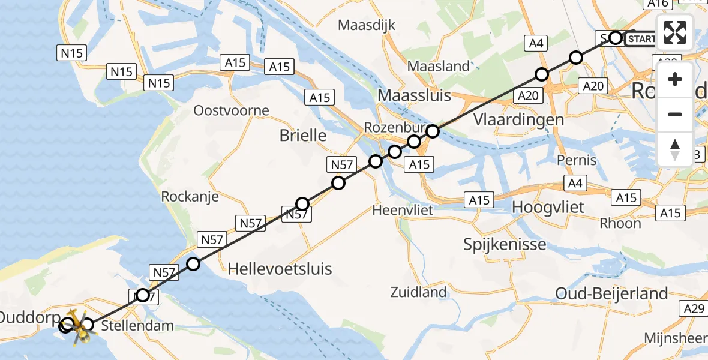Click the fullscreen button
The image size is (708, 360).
click(x=675, y=32)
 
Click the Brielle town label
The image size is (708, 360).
click(x=303, y=136)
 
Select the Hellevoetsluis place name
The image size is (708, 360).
click(x=280, y=268)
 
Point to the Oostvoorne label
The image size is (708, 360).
click(x=231, y=110)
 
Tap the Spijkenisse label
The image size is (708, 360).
click(x=505, y=244)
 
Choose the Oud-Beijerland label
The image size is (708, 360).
click(x=611, y=293)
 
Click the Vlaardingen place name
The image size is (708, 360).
click(x=518, y=119)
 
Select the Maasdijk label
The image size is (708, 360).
click(x=367, y=25)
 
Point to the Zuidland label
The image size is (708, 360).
click(x=418, y=292)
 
